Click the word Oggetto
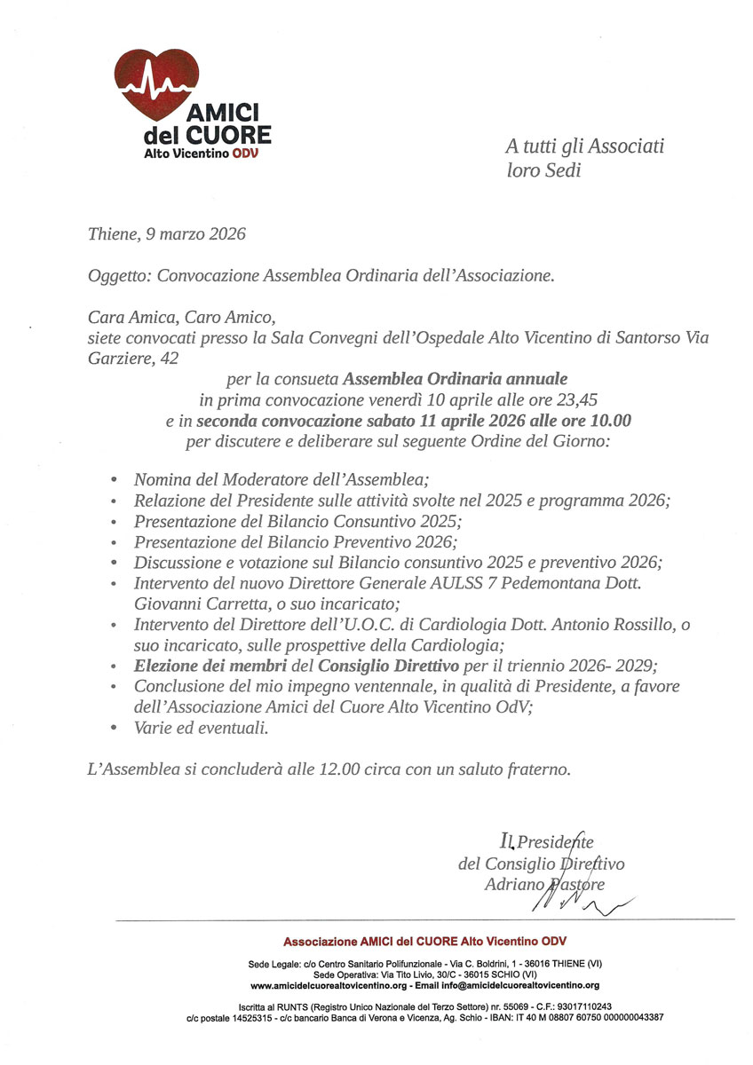119,276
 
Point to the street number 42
167,358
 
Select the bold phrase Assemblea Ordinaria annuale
456,379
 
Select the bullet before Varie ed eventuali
114,729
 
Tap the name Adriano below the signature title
512,884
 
